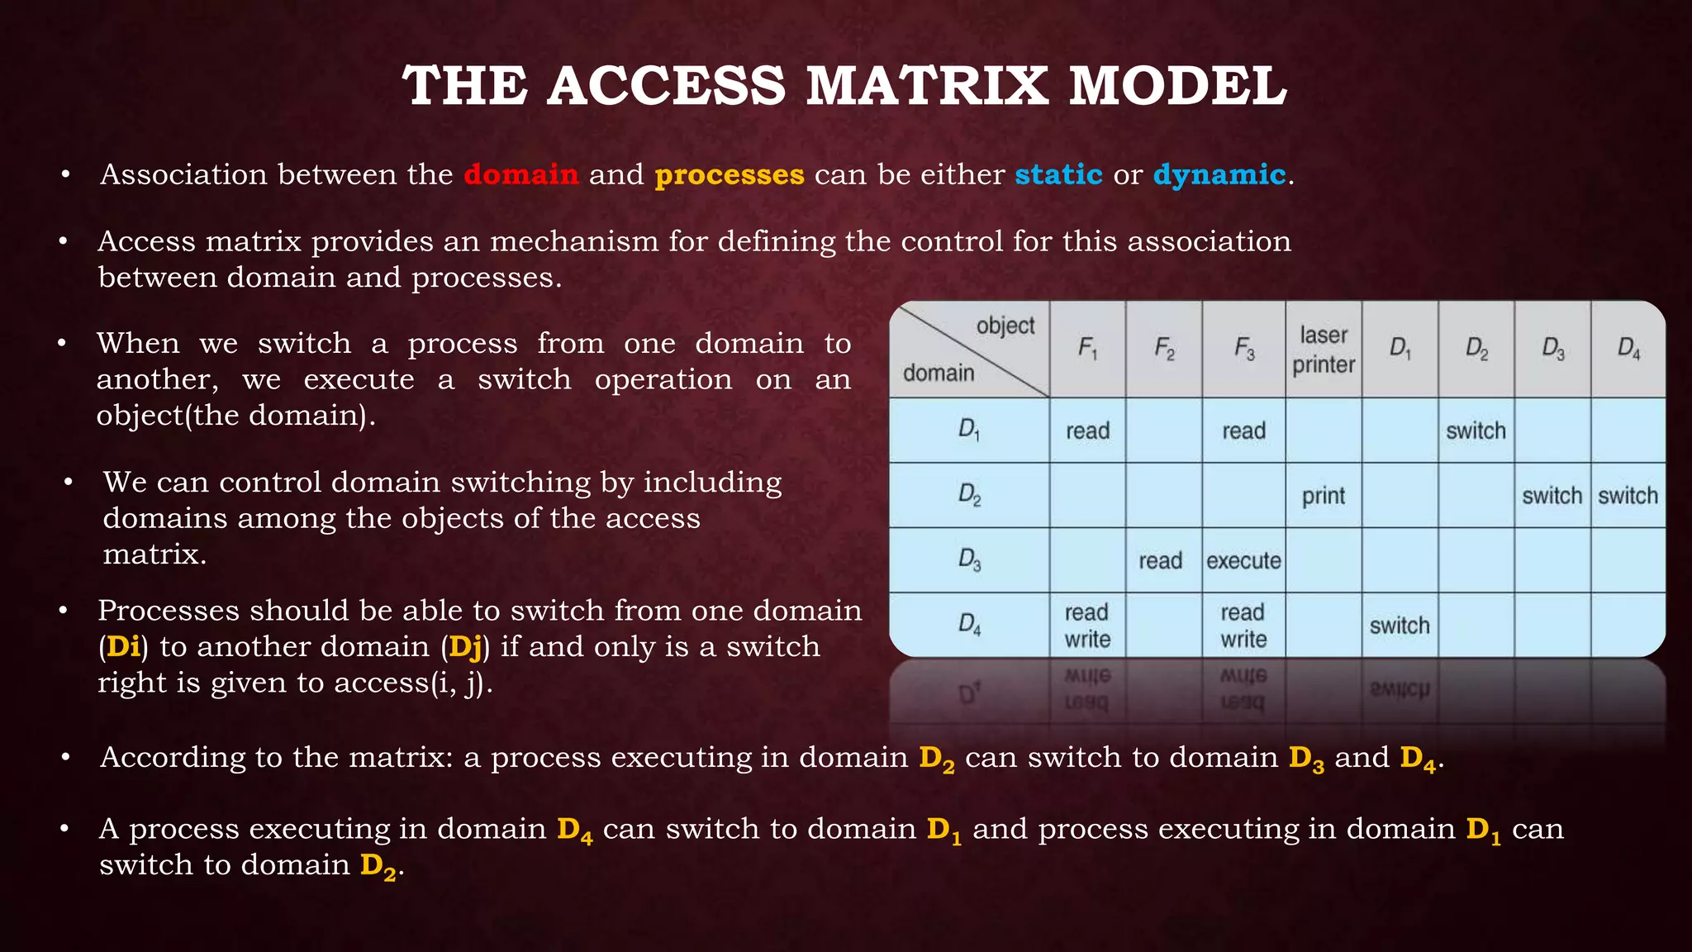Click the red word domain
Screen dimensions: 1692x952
(520, 174)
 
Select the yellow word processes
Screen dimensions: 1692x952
(729, 174)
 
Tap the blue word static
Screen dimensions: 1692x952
(1058, 174)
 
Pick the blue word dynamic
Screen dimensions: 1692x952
(1219, 174)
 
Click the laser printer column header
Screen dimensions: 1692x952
(1324, 350)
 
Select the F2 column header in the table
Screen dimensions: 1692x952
(1163, 350)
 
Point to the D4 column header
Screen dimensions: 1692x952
(1628, 350)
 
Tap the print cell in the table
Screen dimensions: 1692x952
(1324, 496)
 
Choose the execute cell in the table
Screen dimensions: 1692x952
(1243, 560)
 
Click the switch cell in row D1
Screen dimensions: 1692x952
(1476, 431)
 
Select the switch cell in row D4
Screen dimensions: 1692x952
(1400, 626)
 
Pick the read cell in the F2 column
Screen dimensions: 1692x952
(1161, 560)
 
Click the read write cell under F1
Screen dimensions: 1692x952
(1087, 626)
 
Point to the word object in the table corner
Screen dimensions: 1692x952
(1005, 326)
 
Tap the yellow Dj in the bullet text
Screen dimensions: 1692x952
(465, 646)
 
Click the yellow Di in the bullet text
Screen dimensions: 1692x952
(123, 646)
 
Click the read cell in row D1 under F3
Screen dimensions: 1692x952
(1243, 431)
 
